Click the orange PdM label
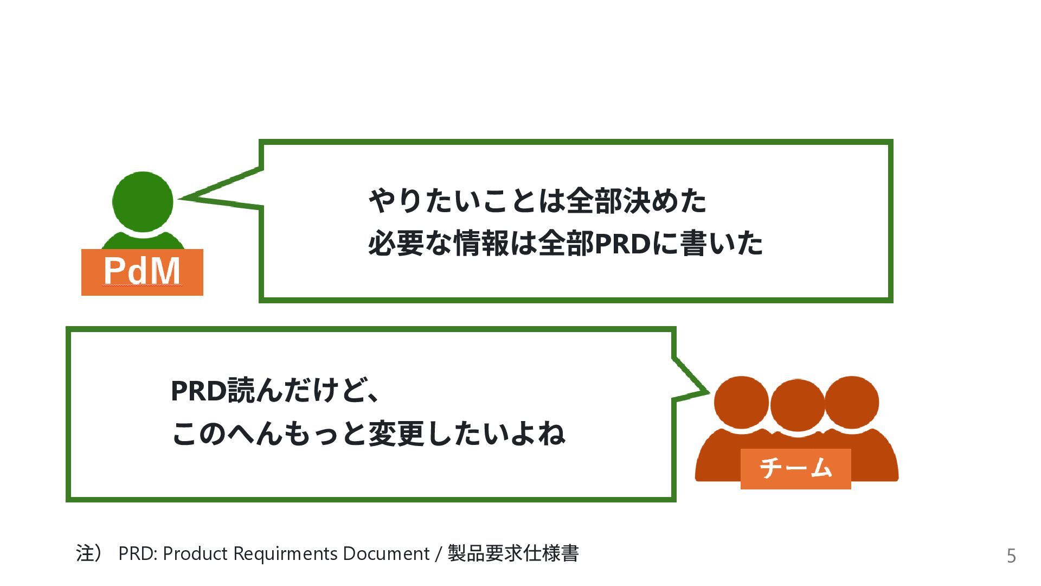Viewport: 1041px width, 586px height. (142, 272)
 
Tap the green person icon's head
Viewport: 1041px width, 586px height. (143, 201)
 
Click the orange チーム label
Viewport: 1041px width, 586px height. (795, 468)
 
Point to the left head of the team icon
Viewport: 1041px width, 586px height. (741, 403)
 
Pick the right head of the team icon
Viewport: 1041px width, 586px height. (851, 403)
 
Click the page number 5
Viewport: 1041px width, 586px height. (1011, 556)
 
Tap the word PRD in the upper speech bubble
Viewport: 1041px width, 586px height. (622, 244)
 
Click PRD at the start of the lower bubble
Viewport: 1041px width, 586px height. (198, 391)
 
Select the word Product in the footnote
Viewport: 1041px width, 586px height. (195, 554)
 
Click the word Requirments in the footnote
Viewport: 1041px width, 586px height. (286, 554)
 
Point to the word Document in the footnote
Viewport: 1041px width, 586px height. (386, 554)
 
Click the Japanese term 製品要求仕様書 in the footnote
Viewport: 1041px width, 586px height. (513, 554)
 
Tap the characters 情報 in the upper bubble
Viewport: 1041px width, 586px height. (481, 244)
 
